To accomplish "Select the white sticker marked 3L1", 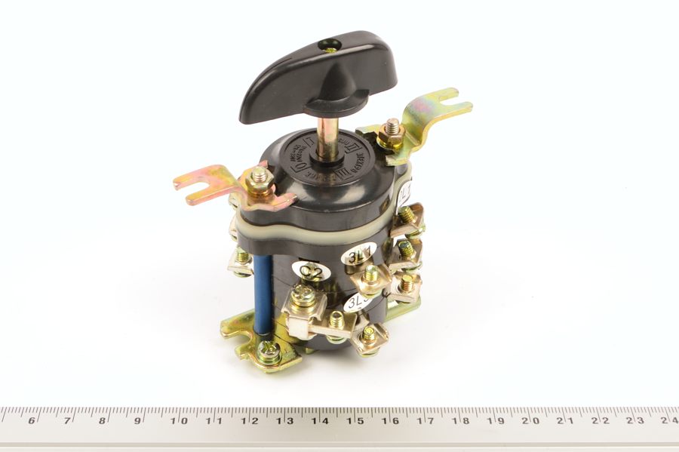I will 359,255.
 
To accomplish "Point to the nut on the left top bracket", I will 260,178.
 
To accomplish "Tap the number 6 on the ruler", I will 32,420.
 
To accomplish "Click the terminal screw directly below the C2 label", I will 306,294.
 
